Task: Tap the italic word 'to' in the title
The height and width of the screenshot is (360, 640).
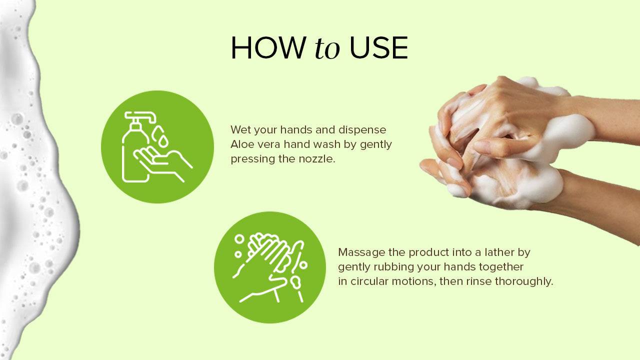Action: tap(327, 48)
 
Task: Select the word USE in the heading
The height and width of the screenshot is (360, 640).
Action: tap(378, 48)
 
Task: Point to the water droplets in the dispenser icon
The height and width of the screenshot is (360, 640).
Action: tap(160, 136)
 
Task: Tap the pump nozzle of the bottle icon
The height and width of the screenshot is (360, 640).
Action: tap(140, 117)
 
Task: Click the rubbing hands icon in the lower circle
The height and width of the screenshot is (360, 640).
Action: tap(270, 267)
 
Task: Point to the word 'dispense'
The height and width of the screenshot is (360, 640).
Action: tap(362, 130)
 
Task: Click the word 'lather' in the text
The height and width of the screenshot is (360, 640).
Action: tap(497, 252)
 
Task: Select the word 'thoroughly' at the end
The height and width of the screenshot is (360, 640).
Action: tap(524, 281)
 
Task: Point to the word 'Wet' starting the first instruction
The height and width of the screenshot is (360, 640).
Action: tap(240, 129)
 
